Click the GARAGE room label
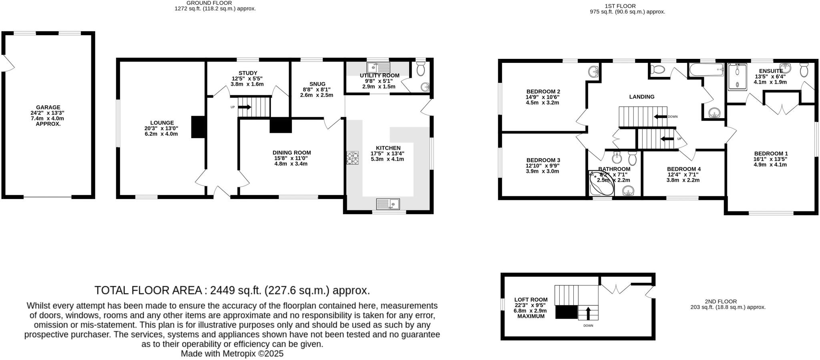click(48, 107)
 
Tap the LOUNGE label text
click(162, 123)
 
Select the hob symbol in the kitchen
click(352, 158)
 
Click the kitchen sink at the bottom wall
click(388, 204)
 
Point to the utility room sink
click(378, 67)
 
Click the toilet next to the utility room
click(420, 69)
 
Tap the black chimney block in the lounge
click(198, 127)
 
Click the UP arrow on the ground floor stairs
click(244, 107)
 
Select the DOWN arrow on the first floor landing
click(660, 117)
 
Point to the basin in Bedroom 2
click(594, 72)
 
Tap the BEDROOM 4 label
click(684, 169)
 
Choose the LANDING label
click(642, 97)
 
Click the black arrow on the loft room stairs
click(588, 313)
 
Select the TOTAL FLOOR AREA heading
click(232, 290)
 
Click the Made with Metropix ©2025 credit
click(232, 354)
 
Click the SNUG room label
click(318, 84)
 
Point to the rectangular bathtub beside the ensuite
click(707, 70)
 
